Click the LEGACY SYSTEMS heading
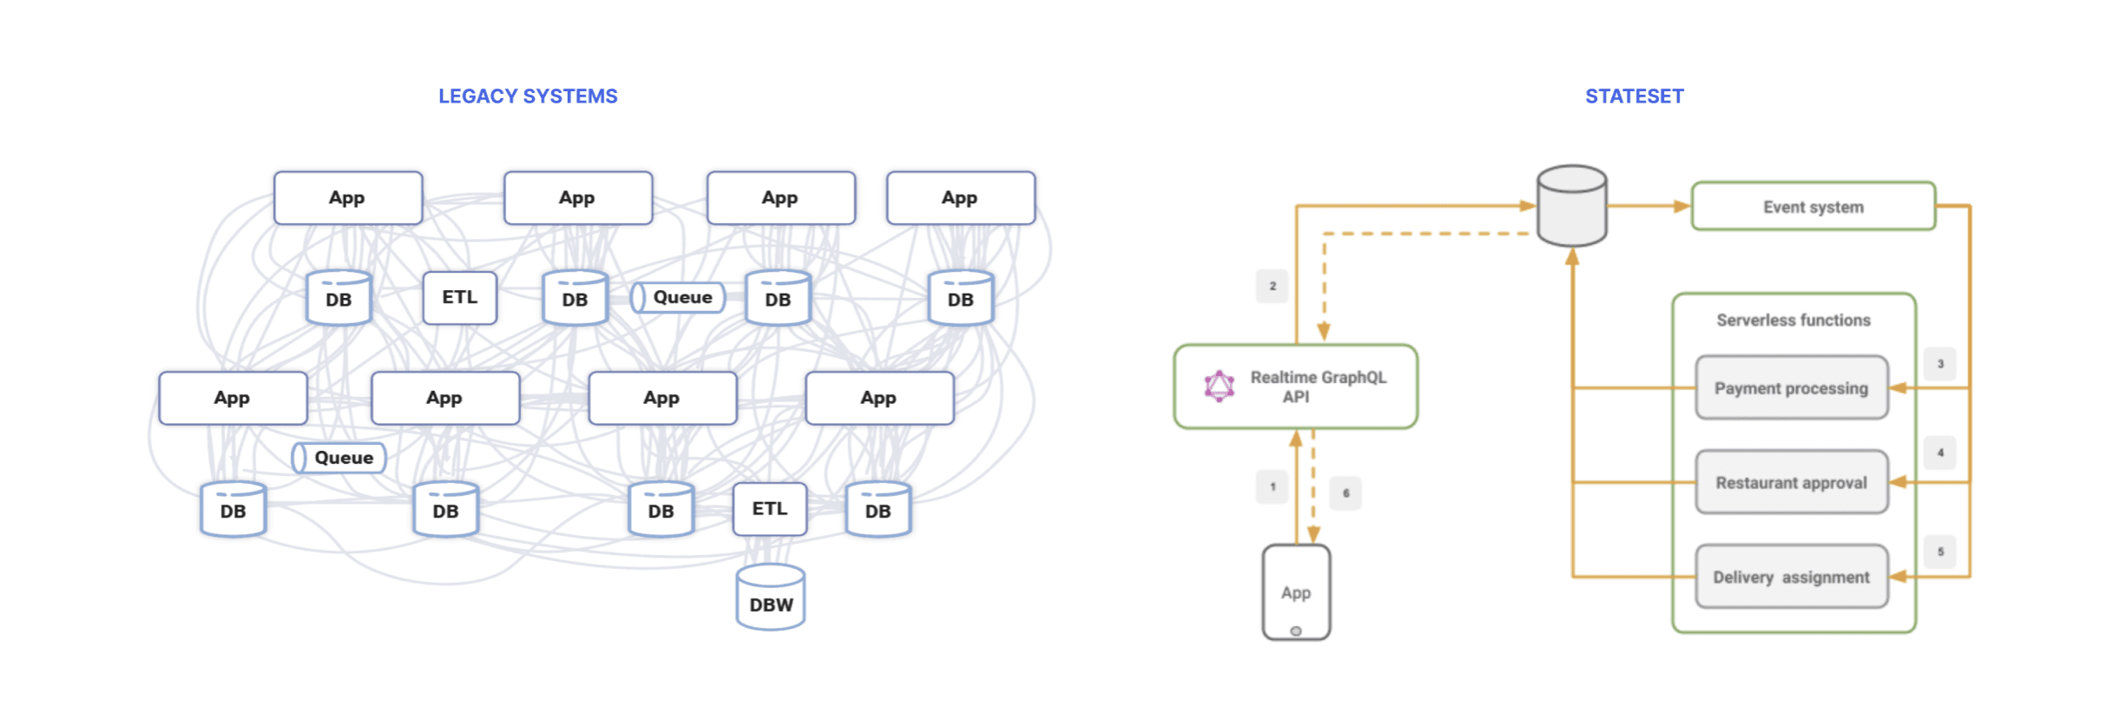coord(528,96)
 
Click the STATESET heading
coord(1634,96)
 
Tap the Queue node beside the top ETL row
coord(678,298)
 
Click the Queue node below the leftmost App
coord(339,458)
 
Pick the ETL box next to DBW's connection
coord(769,509)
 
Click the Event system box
coord(1812,207)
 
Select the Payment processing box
coord(1791,388)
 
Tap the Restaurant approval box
coord(1791,483)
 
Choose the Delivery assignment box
coord(1791,578)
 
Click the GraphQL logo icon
coord(1219,386)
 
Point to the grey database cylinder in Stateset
coord(1571,206)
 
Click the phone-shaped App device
coord(1296,592)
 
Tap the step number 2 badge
coord(1273,286)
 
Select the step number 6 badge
coord(1345,493)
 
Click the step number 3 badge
coord(1940,364)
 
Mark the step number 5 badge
coord(1940,552)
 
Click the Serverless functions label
coord(1793,321)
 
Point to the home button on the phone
coord(1296,631)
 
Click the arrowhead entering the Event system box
coord(1682,207)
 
